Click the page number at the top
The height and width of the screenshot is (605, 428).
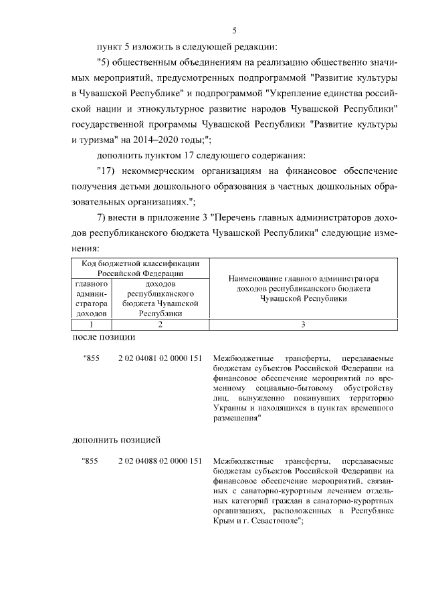click(235, 30)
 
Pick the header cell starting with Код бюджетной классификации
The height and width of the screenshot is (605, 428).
click(140, 269)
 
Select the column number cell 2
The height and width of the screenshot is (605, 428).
click(160, 324)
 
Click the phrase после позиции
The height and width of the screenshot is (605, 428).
click(103, 337)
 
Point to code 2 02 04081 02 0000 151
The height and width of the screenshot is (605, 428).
click(160, 358)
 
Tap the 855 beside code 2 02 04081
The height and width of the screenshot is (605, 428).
click(91, 358)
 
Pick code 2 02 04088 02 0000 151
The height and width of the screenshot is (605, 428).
click(160, 461)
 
